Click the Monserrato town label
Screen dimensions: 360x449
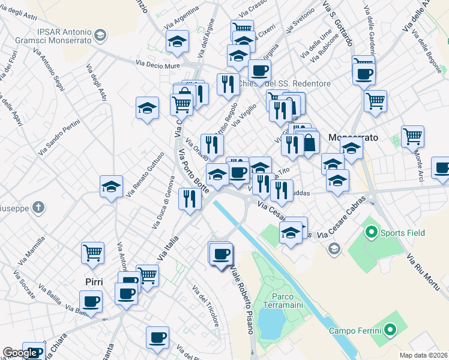(x=354, y=137)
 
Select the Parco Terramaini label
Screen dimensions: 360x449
(x=282, y=301)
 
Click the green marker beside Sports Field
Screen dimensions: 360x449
(x=371, y=232)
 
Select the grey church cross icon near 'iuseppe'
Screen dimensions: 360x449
(x=38, y=208)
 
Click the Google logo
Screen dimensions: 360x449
(x=20, y=353)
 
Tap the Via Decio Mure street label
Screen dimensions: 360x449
(x=157, y=63)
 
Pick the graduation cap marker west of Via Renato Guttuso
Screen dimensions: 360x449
(x=111, y=187)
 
